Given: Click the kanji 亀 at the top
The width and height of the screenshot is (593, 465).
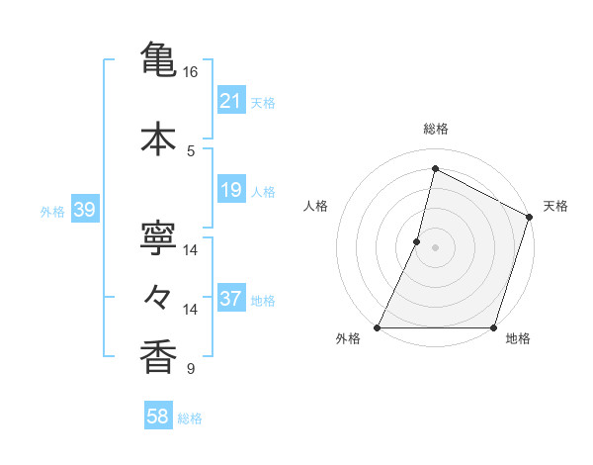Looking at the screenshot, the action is click(x=158, y=57).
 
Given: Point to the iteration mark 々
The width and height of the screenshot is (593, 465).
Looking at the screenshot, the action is click(x=158, y=296).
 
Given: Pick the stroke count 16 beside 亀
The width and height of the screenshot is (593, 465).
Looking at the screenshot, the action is click(x=191, y=72).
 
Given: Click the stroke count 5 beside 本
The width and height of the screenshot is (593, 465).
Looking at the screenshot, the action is click(x=191, y=150).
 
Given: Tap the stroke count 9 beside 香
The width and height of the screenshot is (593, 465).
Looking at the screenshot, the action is click(x=191, y=370).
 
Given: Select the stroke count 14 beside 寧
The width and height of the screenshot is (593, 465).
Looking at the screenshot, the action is click(x=191, y=250).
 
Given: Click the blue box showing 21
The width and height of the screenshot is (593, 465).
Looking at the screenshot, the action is click(x=230, y=101).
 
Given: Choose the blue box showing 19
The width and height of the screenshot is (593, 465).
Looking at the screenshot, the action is click(x=230, y=190).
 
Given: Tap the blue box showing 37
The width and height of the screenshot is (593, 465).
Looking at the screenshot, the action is click(x=230, y=299).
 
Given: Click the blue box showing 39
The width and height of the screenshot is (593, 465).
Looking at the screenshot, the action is click(x=84, y=210).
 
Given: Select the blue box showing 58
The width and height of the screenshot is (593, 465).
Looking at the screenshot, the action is click(x=158, y=417).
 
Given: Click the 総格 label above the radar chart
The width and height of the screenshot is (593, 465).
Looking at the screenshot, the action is click(x=435, y=129).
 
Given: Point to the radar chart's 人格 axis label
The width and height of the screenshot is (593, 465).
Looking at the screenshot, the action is click(x=315, y=206).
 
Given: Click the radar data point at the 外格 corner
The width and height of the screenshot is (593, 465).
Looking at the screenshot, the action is click(x=378, y=327).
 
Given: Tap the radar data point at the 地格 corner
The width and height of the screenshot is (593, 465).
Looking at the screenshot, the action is click(x=493, y=327).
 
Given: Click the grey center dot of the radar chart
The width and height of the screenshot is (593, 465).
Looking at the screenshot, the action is click(x=435, y=247).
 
